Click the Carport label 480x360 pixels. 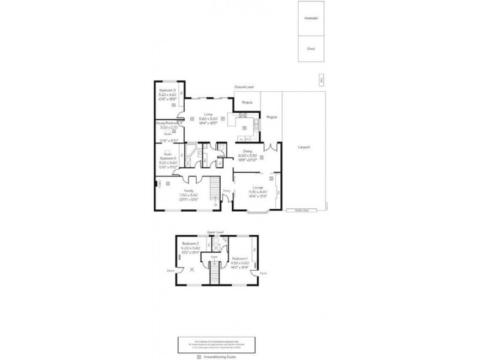[x=303, y=147]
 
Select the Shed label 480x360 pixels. [x=311, y=49]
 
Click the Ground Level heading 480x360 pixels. [x=244, y=87]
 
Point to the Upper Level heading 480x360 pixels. [x=214, y=231]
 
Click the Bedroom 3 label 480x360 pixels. [x=167, y=91]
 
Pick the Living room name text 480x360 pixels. [x=208, y=114]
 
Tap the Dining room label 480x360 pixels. [x=247, y=151]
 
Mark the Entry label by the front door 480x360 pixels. [x=226, y=191]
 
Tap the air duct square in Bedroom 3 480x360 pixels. [x=175, y=105]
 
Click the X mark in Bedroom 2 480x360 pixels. [x=192, y=270]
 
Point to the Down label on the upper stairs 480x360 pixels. [x=213, y=257]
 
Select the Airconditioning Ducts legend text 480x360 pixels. [x=218, y=356]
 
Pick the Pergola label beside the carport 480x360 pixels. [x=272, y=117]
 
